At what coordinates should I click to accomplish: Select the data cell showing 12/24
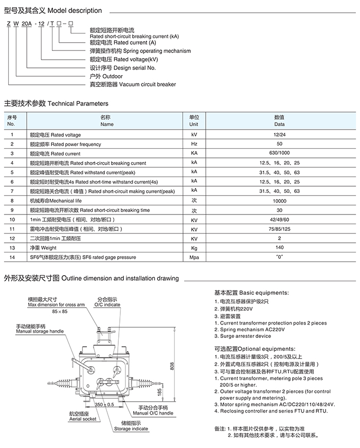coord(279,135)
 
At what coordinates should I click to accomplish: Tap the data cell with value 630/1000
coord(279,153)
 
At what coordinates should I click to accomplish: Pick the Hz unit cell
coord(194,144)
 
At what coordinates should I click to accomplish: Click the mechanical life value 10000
coord(279,201)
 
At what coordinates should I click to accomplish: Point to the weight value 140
coord(279,248)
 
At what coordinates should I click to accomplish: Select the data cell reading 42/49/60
coord(279,220)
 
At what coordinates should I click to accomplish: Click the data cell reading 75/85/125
coord(279,229)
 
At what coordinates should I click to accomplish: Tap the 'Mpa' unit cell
coord(194,257)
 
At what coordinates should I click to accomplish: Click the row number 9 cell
coord(11,210)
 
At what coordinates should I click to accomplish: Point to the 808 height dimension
coord(172,366)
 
